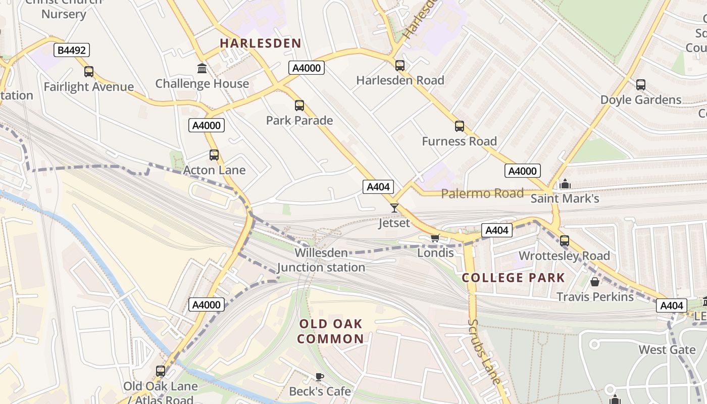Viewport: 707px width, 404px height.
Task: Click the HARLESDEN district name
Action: click(x=261, y=43)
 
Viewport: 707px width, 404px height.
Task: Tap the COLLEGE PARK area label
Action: click(x=514, y=278)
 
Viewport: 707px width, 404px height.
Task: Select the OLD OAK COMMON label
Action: click(x=330, y=331)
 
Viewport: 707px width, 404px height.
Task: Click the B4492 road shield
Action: click(x=72, y=50)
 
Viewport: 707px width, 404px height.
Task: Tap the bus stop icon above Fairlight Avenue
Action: click(x=89, y=72)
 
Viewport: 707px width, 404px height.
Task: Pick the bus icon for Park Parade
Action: click(x=299, y=106)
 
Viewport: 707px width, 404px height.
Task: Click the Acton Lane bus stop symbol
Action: click(x=214, y=155)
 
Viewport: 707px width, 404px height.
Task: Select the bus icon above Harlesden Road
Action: click(x=400, y=65)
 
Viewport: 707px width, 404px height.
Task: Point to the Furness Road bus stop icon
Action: click(x=459, y=126)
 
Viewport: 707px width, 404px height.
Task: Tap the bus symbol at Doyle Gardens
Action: click(x=641, y=85)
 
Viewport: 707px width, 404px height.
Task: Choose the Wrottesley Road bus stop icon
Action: click(x=565, y=241)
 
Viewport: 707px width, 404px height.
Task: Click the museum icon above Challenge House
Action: click(x=202, y=68)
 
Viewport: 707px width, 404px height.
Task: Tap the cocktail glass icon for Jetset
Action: click(x=394, y=208)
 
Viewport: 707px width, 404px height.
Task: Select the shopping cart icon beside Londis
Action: click(x=434, y=238)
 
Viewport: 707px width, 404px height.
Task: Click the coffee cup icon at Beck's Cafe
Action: click(x=320, y=376)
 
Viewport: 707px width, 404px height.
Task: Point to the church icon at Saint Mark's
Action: click(x=565, y=184)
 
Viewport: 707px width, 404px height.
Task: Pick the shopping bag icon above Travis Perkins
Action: click(x=595, y=282)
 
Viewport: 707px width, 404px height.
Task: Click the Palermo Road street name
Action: click(x=482, y=193)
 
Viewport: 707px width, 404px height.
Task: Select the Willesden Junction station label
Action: click(x=321, y=260)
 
